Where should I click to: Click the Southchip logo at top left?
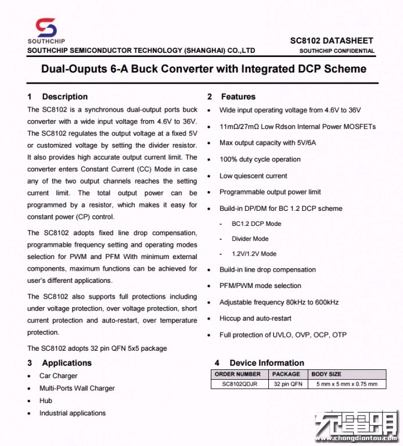(46, 30)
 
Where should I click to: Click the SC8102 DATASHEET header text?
(332, 41)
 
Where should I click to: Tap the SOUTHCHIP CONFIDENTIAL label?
(337, 51)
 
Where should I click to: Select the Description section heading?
(64, 96)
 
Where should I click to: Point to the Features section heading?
(238, 96)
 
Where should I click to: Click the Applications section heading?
(67, 363)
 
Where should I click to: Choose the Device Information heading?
(267, 363)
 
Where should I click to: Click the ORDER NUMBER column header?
(238, 374)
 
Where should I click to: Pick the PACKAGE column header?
(286, 374)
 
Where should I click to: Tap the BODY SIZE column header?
(326, 374)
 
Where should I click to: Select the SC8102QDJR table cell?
(238, 384)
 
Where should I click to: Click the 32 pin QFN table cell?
(286, 384)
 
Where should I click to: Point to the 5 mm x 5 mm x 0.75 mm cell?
(346, 384)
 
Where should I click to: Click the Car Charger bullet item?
(58, 376)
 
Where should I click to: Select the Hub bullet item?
(46, 401)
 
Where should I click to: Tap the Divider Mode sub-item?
(250, 239)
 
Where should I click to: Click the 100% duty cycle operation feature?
(260, 159)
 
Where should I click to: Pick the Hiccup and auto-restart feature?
(255, 318)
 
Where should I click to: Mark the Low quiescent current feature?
(253, 175)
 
